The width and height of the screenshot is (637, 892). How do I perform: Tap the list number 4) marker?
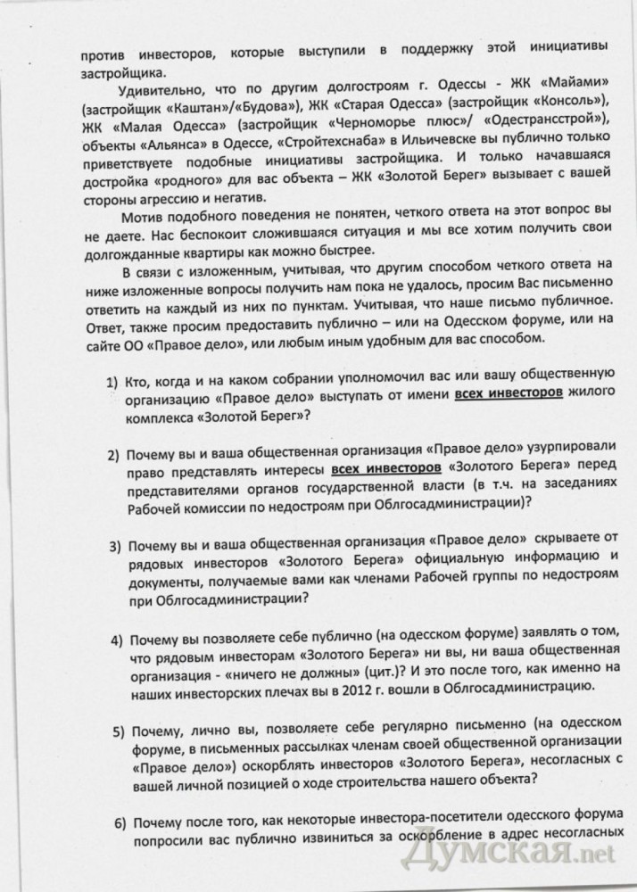(x=117, y=640)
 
